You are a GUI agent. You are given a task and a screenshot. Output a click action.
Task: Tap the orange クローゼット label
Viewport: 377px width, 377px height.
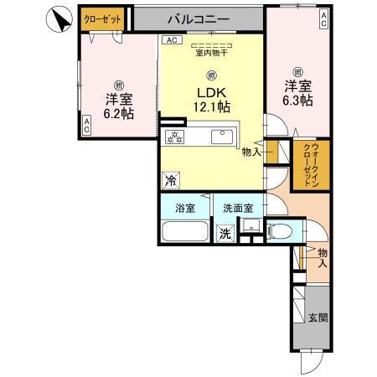(101, 17)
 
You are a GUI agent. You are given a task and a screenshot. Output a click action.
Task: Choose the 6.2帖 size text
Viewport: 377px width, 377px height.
(117, 113)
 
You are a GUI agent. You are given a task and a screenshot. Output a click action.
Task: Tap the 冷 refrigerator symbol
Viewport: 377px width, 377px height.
(170, 178)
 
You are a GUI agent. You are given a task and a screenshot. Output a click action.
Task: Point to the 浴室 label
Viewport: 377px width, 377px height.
(185, 207)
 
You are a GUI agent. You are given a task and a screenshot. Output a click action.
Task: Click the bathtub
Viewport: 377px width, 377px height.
(184, 231)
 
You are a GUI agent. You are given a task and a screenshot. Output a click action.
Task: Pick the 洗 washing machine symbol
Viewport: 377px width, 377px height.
(225, 235)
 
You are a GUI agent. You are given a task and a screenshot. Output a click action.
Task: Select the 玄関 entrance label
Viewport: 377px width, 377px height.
(318, 317)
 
